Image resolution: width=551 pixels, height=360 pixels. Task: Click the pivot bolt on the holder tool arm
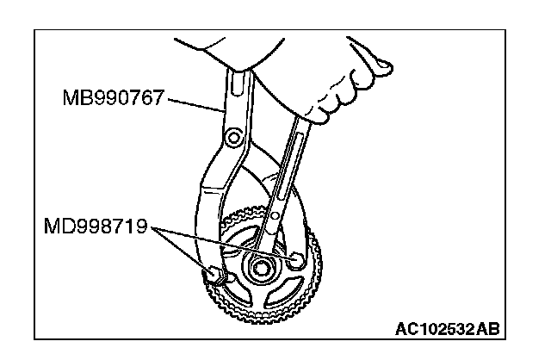coord(230,138)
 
